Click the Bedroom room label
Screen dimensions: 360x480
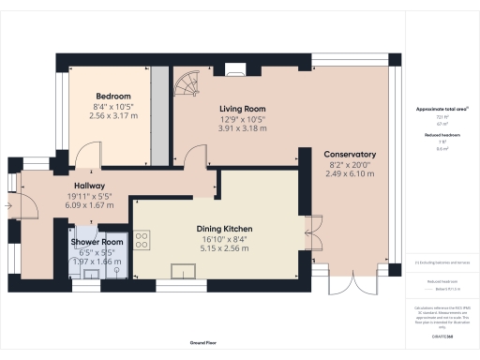tap(112, 97)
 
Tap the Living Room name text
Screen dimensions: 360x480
tap(243, 109)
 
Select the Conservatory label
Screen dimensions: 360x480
tap(350, 155)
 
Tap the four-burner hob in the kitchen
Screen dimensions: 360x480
tap(143, 241)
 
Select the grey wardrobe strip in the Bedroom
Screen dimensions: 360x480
tap(160, 110)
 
